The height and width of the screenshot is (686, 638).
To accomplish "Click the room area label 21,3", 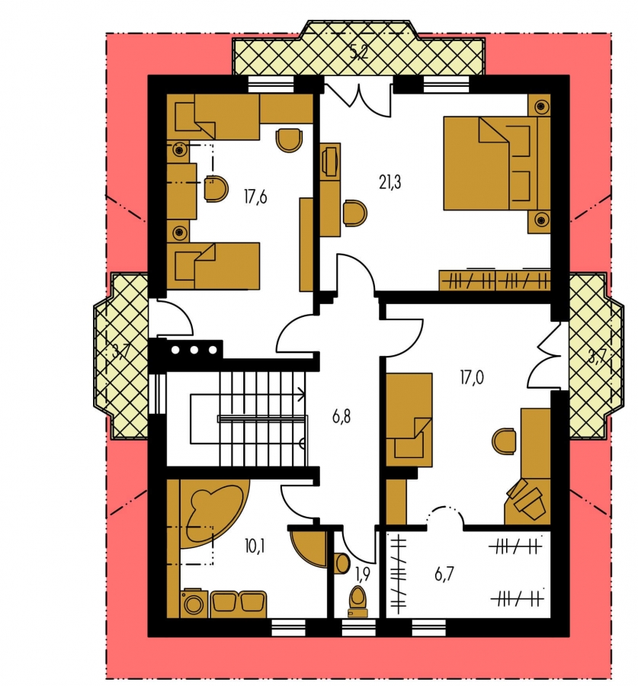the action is (x=390, y=182).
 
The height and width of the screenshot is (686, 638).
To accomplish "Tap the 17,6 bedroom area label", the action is (x=255, y=197).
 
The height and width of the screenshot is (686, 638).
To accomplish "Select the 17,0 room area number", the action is (x=472, y=377).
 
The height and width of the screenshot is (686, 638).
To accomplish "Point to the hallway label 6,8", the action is (x=341, y=416).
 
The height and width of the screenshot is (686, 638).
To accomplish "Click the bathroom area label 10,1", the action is (x=255, y=546).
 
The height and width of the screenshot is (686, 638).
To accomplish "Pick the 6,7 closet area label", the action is (x=444, y=574).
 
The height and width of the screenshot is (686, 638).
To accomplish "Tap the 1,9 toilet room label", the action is (x=363, y=574).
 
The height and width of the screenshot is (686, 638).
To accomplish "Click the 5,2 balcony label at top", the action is (x=359, y=53).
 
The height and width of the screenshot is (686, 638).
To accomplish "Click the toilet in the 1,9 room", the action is (x=358, y=601).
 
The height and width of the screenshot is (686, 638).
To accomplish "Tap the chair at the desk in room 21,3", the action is (x=355, y=213).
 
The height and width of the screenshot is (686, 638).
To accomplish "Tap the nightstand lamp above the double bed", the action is (x=542, y=106).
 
